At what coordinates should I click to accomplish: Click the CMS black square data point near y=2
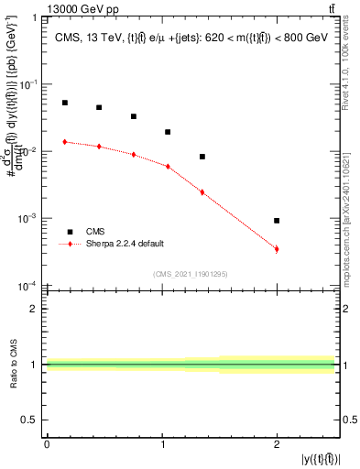(x=277, y=221)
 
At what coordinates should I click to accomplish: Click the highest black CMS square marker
(x=65, y=103)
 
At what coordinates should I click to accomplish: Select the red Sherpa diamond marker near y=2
(x=277, y=249)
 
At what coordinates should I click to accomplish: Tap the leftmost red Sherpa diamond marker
(x=65, y=141)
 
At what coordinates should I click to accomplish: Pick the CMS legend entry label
(x=95, y=232)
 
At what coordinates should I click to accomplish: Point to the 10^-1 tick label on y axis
(x=30, y=84)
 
